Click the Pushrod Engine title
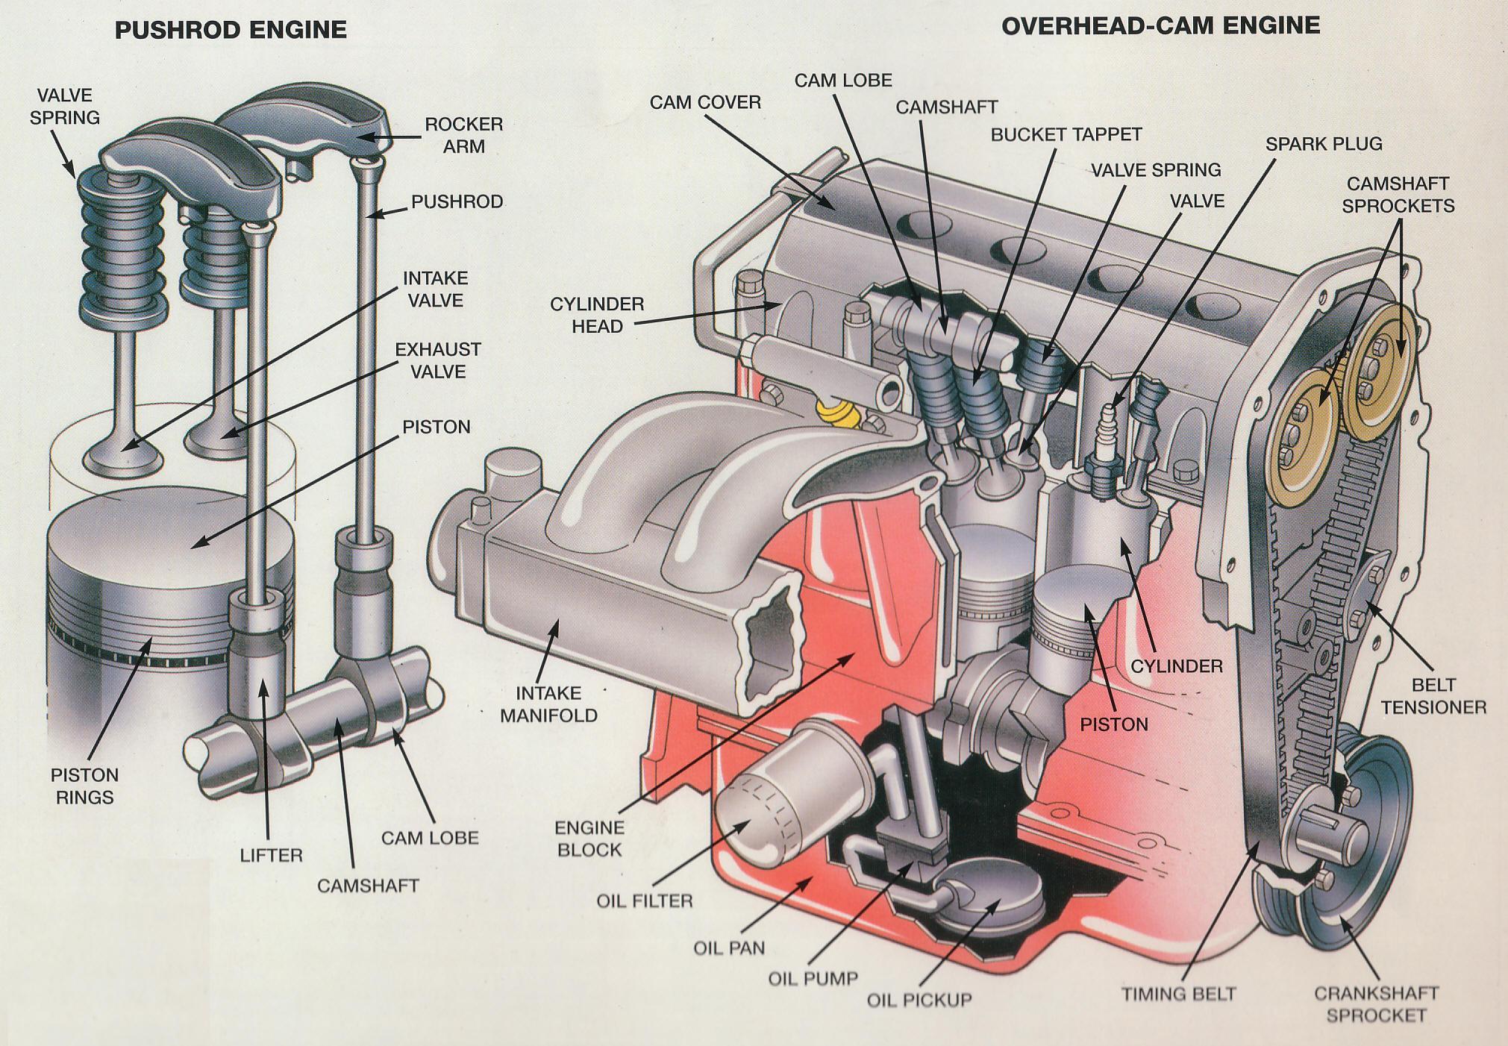[x=230, y=30]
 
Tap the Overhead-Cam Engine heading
[x=1160, y=25]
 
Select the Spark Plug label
[x=1323, y=144]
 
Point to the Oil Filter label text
[x=644, y=901]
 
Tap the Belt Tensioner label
[x=1433, y=695]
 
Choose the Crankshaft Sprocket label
[x=1375, y=1004]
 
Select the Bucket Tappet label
[x=1066, y=134]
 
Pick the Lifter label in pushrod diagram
[x=271, y=855]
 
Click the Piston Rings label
[x=84, y=786]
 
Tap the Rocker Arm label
[x=463, y=135]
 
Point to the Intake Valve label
[x=435, y=289]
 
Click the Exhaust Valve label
[x=437, y=360]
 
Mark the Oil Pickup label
[x=919, y=1000]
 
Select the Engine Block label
[x=589, y=839]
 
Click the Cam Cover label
[x=704, y=102]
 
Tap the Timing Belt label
[x=1178, y=994]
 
